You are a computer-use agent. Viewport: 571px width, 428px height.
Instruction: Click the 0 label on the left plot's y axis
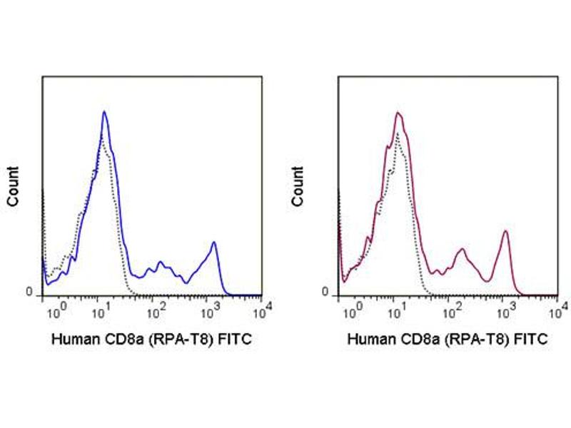click(x=29, y=292)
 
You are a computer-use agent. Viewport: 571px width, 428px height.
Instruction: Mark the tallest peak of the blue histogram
click(x=104, y=112)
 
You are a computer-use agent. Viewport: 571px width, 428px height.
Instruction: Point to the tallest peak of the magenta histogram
click(x=398, y=113)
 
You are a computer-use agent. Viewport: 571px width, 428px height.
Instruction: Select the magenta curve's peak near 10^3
click(x=505, y=231)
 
